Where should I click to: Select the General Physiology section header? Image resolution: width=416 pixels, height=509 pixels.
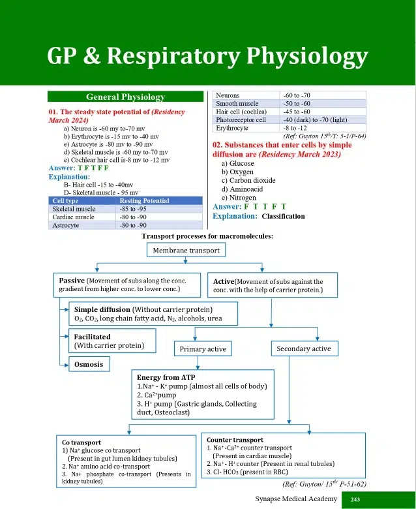(125, 97)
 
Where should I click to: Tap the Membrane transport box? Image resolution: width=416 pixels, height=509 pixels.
(186, 250)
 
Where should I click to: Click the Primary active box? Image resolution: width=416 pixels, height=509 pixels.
(203, 349)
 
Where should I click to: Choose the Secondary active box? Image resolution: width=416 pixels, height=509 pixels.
(303, 348)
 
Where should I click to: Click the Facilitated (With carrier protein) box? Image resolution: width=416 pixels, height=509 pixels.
(114, 341)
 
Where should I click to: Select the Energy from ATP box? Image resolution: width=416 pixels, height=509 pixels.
(203, 395)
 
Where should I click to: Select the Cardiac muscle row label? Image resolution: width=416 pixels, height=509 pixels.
(74, 217)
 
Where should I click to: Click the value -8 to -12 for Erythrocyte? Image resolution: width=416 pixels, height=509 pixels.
(294, 129)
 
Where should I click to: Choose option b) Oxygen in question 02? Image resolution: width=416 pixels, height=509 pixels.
(237, 172)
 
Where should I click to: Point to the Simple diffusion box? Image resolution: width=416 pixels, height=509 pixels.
(147, 313)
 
